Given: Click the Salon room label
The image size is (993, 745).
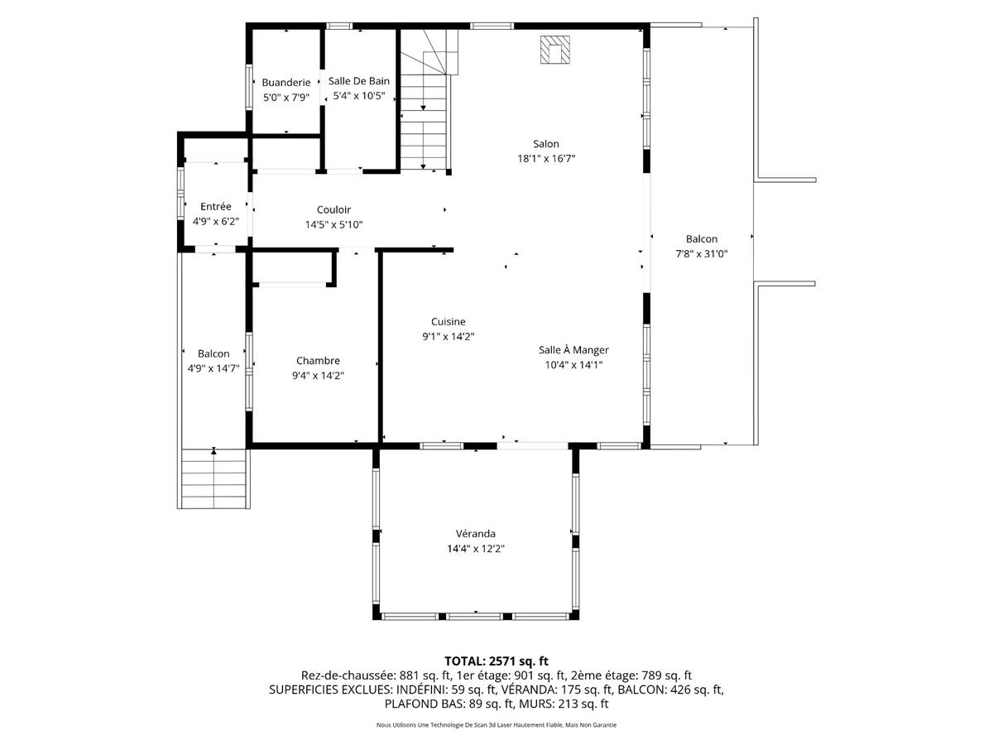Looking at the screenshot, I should coord(546,144).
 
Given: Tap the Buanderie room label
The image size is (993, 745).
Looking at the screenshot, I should coord(286,82).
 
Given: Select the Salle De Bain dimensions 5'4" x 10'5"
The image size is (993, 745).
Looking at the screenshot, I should coord(358,96).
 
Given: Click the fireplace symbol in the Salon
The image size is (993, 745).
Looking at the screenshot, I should coord(554,50).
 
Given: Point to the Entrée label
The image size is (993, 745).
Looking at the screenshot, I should coord(216,206).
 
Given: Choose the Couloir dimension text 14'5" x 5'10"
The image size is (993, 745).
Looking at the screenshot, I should coord(333,224).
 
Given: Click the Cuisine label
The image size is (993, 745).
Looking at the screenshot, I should coord(448,321).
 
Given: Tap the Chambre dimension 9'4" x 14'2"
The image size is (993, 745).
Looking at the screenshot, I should coord(318,375).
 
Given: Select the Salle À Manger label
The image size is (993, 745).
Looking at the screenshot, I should coord(573,350).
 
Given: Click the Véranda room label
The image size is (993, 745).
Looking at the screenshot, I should coord(475,533).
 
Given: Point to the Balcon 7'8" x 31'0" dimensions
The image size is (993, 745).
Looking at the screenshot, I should coord(701,254).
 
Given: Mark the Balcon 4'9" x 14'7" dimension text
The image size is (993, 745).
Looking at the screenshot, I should coord(213,368).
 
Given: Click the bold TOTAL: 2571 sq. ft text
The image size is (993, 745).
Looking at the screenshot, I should coord(496,661).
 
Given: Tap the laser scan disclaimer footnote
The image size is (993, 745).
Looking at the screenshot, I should coord(496,725).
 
